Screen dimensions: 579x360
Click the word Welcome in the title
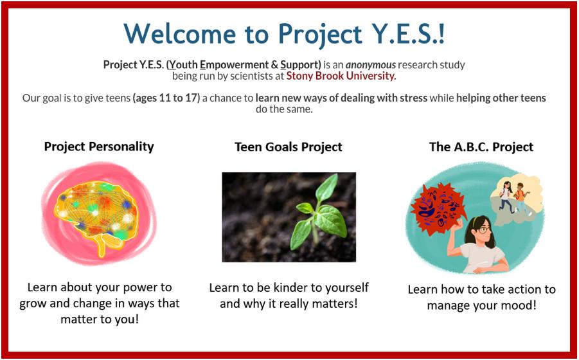180,33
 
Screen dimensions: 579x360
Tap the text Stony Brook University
341,76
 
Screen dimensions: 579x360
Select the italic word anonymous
370,65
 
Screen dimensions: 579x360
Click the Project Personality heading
99,147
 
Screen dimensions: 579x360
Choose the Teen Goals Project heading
289,147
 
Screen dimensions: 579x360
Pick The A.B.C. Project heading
481,147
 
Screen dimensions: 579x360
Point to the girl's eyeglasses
485,230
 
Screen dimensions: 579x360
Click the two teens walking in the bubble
514,197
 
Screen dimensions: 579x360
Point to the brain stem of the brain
105,245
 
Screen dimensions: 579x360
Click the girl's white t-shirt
483,257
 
